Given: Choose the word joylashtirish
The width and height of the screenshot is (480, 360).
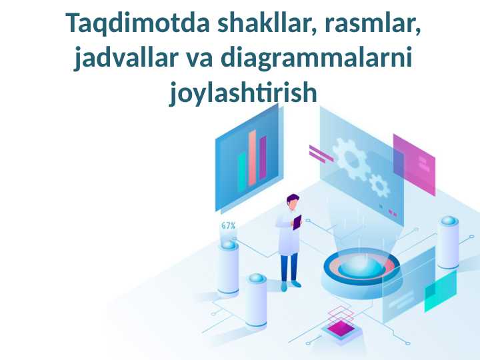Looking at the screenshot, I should point(243,93).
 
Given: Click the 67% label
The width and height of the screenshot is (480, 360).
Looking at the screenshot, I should point(228,226).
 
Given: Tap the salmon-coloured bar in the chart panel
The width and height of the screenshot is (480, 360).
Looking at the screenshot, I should point(252,158).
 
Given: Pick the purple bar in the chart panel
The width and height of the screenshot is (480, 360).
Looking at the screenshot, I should point(263,157).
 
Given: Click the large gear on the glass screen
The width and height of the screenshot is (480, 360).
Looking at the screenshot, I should point(349,159).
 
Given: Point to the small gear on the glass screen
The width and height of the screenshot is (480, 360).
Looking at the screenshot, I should point(379,185).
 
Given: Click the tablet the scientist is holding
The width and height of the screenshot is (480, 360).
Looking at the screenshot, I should point(297,221).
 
